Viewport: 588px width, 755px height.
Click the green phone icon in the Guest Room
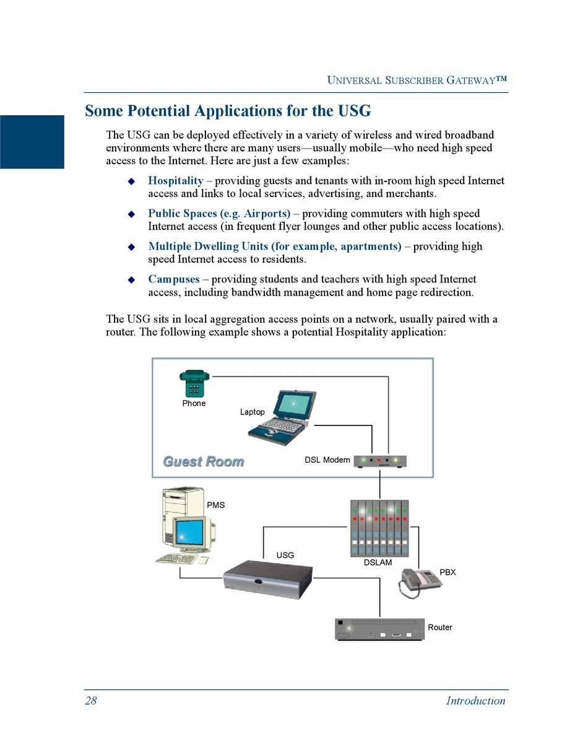[x=194, y=383]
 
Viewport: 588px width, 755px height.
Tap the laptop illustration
[x=283, y=416]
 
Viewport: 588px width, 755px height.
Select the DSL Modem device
[x=379, y=461]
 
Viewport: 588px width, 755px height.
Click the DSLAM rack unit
[x=379, y=528]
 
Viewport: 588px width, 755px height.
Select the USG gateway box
[x=267, y=578]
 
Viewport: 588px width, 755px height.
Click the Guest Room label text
[x=203, y=461]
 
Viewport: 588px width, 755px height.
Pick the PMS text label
[x=215, y=505]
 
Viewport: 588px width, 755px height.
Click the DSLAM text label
[x=378, y=563]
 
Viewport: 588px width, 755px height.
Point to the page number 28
[x=91, y=700]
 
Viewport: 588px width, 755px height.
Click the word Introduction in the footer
[x=475, y=700]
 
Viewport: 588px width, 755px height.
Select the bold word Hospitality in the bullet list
[x=175, y=181]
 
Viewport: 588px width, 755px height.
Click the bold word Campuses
[x=173, y=279]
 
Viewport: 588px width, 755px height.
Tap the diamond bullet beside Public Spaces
[x=131, y=214]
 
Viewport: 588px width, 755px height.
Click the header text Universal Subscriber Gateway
[x=417, y=80]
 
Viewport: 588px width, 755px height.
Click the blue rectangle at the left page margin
[x=32, y=142]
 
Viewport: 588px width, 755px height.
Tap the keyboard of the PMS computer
[x=176, y=559]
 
